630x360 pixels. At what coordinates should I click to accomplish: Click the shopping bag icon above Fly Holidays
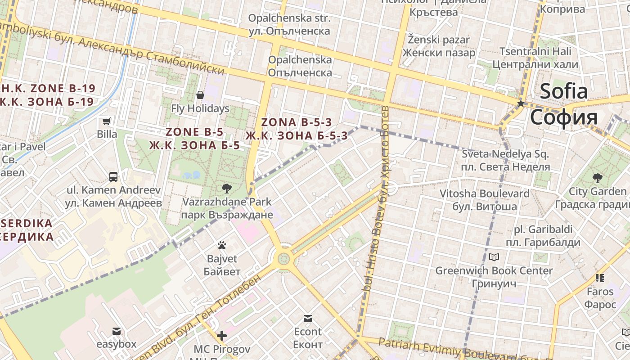click(x=200, y=95)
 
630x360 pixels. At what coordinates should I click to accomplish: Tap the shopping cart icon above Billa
click(x=107, y=121)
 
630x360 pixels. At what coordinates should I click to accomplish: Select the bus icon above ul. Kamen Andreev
click(x=113, y=176)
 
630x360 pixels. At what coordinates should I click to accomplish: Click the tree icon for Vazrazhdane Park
click(x=227, y=188)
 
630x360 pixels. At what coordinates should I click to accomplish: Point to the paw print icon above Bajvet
click(x=221, y=245)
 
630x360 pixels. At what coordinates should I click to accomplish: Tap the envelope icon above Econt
click(x=308, y=319)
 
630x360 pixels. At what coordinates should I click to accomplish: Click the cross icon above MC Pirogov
click(x=222, y=336)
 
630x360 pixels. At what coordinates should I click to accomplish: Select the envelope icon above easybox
click(x=117, y=331)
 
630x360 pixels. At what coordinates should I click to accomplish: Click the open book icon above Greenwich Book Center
click(x=494, y=257)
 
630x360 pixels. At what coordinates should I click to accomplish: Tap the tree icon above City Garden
click(x=597, y=178)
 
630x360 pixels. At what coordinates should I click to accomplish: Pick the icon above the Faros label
click(x=599, y=278)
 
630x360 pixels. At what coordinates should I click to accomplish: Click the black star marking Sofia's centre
click(x=521, y=103)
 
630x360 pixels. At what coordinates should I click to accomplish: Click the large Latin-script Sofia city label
click(x=564, y=91)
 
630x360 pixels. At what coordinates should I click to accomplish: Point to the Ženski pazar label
click(x=438, y=40)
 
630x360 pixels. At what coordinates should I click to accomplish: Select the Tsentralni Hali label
click(x=535, y=51)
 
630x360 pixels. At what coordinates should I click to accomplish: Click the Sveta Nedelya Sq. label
click(x=505, y=154)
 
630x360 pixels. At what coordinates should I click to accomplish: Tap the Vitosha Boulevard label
click(x=484, y=193)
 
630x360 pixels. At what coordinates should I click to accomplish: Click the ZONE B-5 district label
click(x=194, y=132)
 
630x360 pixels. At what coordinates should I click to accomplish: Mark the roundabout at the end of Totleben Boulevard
click(x=283, y=259)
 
